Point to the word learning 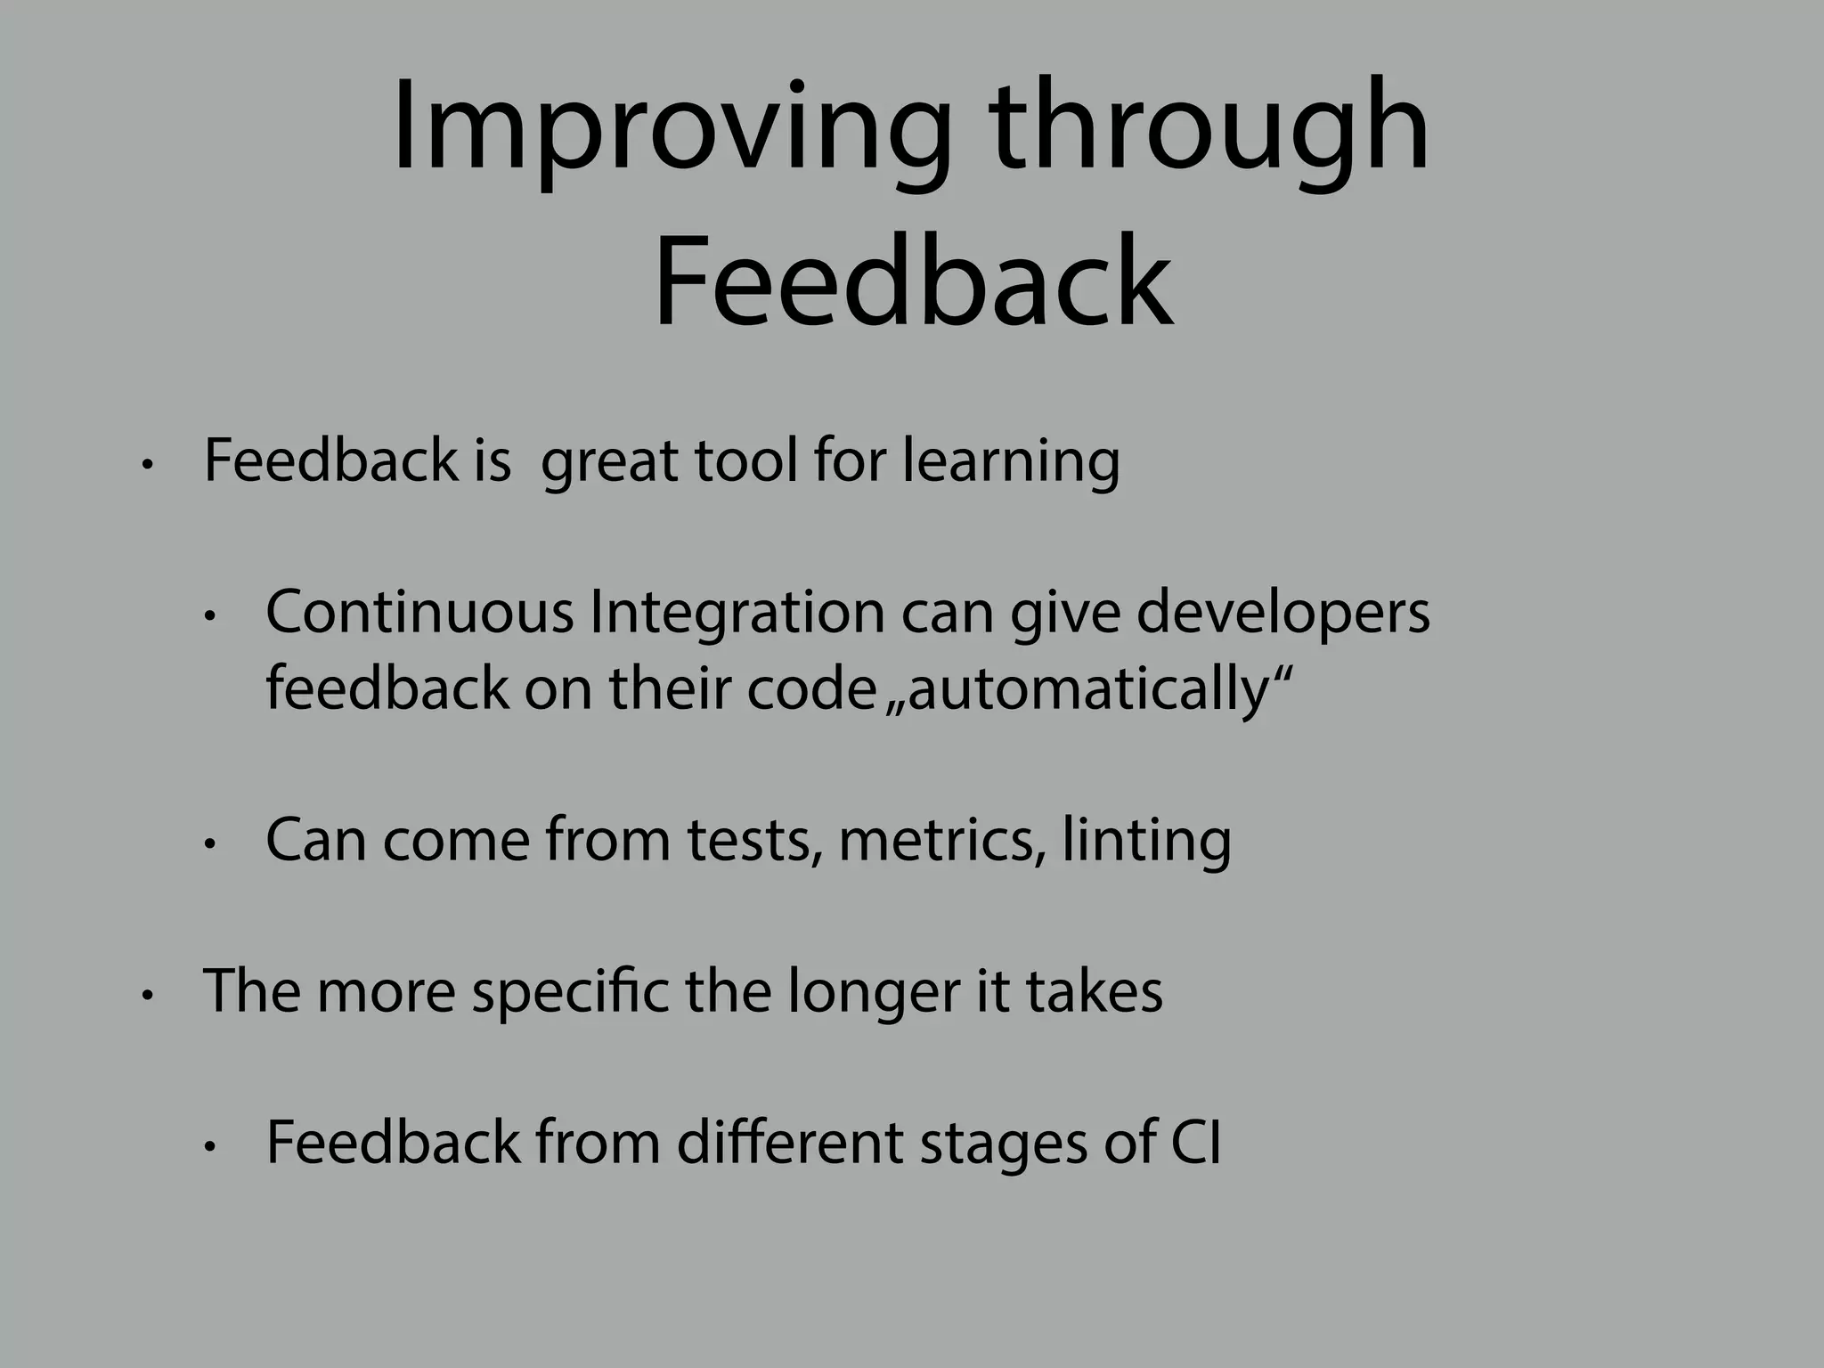pyautogui.click(x=1010, y=462)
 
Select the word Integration pyautogui.click(x=737, y=615)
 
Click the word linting pyautogui.click(x=1146, y=842)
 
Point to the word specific pyautogui.click(x=570, y=991)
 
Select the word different pyautogui.click(x=789, y=1143)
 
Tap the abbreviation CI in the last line pyautogui.click(x=1195, y=1143)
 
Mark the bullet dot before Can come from pyautogui.click(x=209, y=844)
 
